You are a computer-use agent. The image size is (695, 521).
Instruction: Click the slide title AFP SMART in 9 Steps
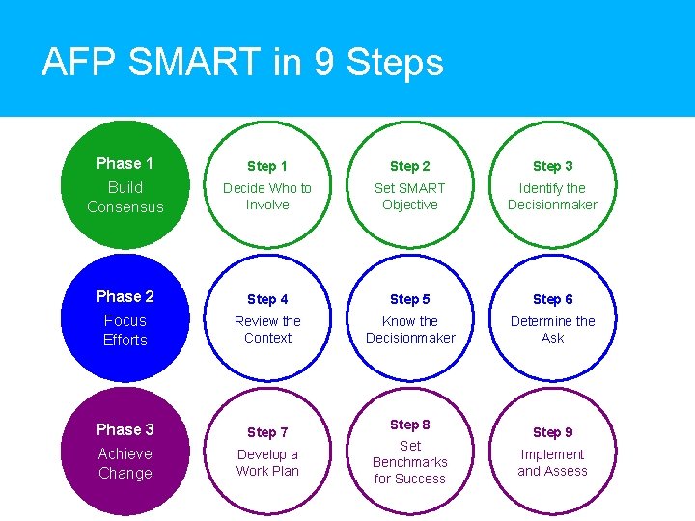tap(242, 63)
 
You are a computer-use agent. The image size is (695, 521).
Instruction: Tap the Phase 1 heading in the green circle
tap(125, 163)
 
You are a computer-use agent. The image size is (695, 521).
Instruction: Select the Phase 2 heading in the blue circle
tap(125, 296)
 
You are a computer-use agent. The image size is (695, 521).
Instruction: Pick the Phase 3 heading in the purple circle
tap(125, 429)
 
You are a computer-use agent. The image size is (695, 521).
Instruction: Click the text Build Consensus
tap(125, 197)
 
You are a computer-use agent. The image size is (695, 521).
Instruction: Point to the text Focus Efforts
tap(125, 330)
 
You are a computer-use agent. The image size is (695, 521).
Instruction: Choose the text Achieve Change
tap(125, 463)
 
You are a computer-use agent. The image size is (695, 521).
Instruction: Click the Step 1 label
tap(267, 166)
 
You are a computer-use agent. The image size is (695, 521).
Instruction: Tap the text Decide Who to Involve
tap(267, 197)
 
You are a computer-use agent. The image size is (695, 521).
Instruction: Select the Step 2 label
tap(410, 166)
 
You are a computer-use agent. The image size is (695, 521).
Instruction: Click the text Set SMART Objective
tap(410, 197)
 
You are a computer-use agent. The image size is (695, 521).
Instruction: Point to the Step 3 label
tap(552, 166)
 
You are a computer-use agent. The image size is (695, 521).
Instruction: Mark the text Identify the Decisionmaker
tap(552, 197)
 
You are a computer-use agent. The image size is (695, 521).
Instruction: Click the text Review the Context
tap(267, 330)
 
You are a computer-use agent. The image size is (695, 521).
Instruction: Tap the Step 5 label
tap(410, 299)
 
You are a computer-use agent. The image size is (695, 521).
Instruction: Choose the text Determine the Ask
tap(552, 330)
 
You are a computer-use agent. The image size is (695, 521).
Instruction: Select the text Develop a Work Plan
tap(267, 463)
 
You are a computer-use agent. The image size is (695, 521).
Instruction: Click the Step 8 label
tap(410, 425)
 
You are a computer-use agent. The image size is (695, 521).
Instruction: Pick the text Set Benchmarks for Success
tap(410, 462)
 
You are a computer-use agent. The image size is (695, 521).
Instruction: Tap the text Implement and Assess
tap(552, 463)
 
